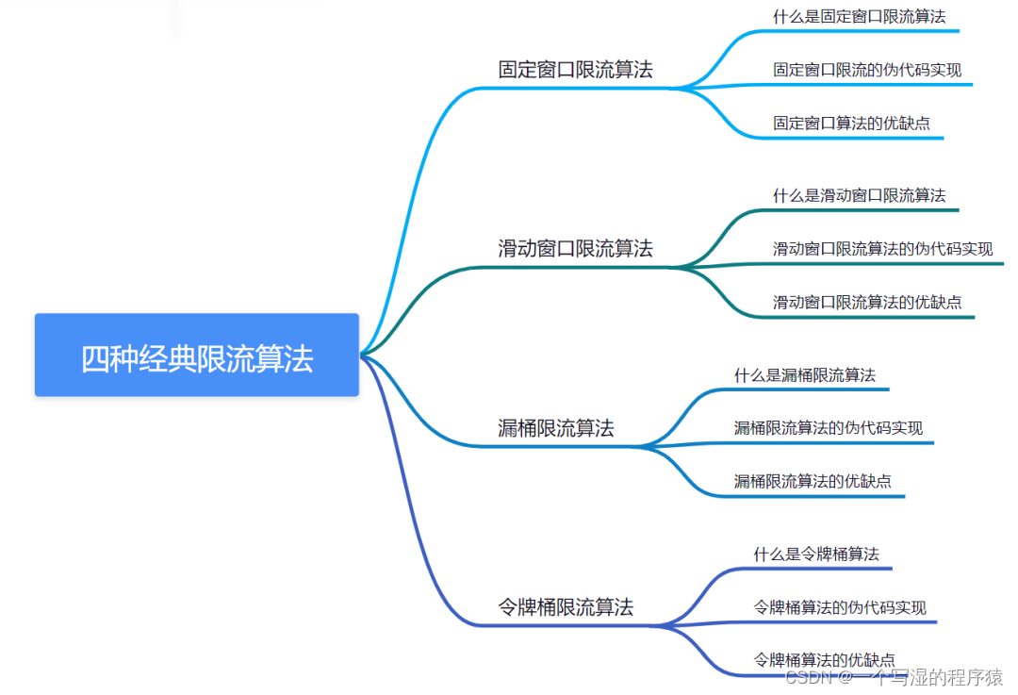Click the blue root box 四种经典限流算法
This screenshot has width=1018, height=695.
coord(197,356)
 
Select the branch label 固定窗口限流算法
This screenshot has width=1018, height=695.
coord(575,70)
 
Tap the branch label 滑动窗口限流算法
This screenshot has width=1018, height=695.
coord(575,249)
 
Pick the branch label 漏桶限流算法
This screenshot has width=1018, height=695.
coord(555,428)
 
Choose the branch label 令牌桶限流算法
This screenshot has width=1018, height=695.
coord(566,607)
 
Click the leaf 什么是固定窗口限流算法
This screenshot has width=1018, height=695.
coord(859,16)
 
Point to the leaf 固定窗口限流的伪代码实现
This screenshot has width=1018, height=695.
coord(867,70)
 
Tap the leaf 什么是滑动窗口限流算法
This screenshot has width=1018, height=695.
coord(859,195)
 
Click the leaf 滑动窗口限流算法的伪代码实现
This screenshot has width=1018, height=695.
coord(882,249)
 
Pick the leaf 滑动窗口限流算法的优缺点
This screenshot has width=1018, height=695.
coord(867,302)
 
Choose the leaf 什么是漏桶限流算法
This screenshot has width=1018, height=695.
coord(804,374)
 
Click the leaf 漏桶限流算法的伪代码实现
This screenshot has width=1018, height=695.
coord(829,428)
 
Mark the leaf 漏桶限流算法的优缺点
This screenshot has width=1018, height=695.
coord(813,481)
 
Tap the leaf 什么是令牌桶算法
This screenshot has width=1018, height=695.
coord(815,554)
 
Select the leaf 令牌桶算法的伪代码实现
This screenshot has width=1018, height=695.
coord(840,607)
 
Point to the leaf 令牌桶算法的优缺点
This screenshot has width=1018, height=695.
coord(824,660)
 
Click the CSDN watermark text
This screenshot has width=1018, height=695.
coord(894,677)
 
